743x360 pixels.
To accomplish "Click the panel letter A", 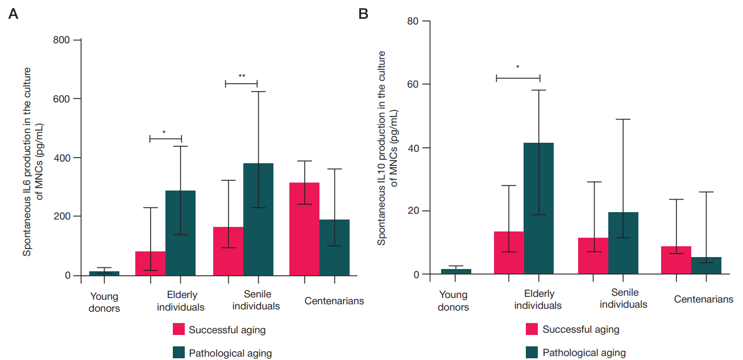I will (13, 14).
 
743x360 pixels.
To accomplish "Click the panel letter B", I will (364, 13).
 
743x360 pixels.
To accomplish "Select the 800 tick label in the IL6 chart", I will (63, 40).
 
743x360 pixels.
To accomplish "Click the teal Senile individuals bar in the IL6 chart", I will (258, 220).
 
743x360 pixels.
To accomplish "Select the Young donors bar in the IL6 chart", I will (104, 274).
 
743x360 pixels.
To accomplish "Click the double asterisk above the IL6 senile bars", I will (242, 76).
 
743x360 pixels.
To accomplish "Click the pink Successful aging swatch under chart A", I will (179, 330).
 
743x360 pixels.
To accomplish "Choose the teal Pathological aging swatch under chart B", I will (533, 353).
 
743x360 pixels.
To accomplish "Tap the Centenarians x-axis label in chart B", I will (703, 299).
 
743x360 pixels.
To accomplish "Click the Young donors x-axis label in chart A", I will (104, 303).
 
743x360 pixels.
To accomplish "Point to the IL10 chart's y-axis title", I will (386, 148).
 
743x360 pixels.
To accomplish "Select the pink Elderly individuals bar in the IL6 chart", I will (150, 263).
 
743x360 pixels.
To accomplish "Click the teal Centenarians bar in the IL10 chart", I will (706, 266).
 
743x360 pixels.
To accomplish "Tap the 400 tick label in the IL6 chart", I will (63, 158).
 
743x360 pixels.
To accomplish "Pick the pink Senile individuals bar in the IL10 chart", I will (593, 256).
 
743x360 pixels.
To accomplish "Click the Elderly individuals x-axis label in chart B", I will (538, 300).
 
